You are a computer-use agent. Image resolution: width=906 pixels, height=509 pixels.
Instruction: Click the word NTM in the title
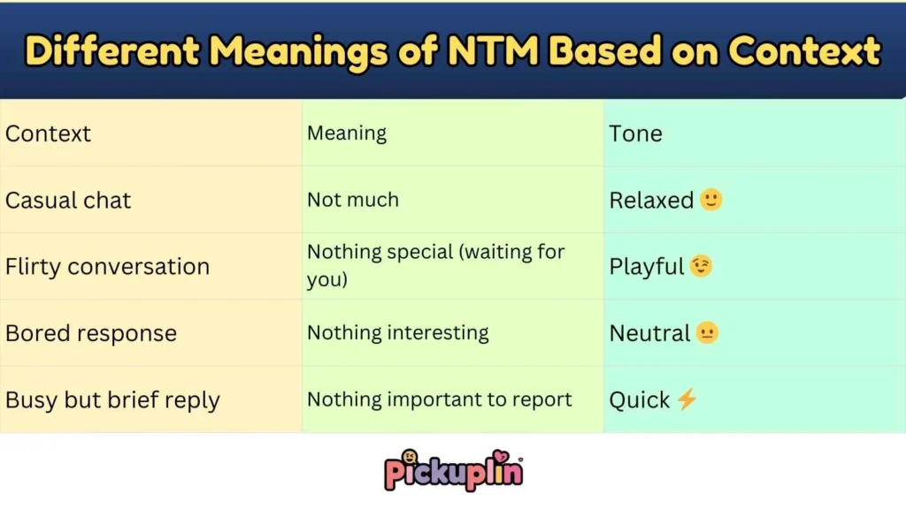click(487, 51)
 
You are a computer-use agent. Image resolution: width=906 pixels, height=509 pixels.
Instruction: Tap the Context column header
click(48, 133)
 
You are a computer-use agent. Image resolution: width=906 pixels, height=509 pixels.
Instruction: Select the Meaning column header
click(347, 133)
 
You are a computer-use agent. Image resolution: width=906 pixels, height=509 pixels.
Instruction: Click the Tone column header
click(635, 133)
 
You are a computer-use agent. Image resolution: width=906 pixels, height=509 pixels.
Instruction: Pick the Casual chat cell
click(68, 201)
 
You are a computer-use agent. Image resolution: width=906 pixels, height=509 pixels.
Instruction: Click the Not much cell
click(353, 201)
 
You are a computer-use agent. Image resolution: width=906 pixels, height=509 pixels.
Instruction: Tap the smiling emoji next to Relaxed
click(710, 200)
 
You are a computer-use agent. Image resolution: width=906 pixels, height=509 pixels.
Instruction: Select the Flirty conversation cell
click(107, 267)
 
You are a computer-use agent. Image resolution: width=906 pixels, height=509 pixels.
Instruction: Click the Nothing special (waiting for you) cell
click(435, 266)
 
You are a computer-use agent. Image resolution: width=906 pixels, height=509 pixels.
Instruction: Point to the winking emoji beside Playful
click(701, 266)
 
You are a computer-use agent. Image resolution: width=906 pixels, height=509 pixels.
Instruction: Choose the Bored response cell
click(91, 333)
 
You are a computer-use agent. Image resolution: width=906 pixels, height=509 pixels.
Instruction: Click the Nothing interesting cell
click(398, 333)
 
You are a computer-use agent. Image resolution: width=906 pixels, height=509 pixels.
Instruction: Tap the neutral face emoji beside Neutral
click(707, 333)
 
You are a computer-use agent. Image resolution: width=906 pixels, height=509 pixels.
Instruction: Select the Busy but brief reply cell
click(112, 400)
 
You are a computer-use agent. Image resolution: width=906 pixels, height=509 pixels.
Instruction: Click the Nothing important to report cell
click(440, 400)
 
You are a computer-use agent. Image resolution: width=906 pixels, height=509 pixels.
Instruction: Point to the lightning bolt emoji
click(687, 399)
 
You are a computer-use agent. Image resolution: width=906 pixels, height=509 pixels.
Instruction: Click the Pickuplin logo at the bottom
click(453, 470)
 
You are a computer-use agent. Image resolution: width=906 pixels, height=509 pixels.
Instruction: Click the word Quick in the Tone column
click(639, 400)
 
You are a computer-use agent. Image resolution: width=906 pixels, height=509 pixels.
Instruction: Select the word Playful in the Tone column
click(647, 267)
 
